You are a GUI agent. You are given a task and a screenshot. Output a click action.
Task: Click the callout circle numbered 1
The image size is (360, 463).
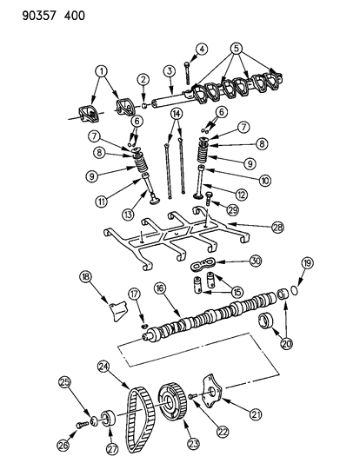[101, 72]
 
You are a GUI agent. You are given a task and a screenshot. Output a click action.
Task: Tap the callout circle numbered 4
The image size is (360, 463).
[201, 49]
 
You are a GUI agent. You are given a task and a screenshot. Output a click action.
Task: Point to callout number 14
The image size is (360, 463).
[177, 114]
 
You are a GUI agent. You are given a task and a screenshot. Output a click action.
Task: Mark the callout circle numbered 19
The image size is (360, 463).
[307, 288]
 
